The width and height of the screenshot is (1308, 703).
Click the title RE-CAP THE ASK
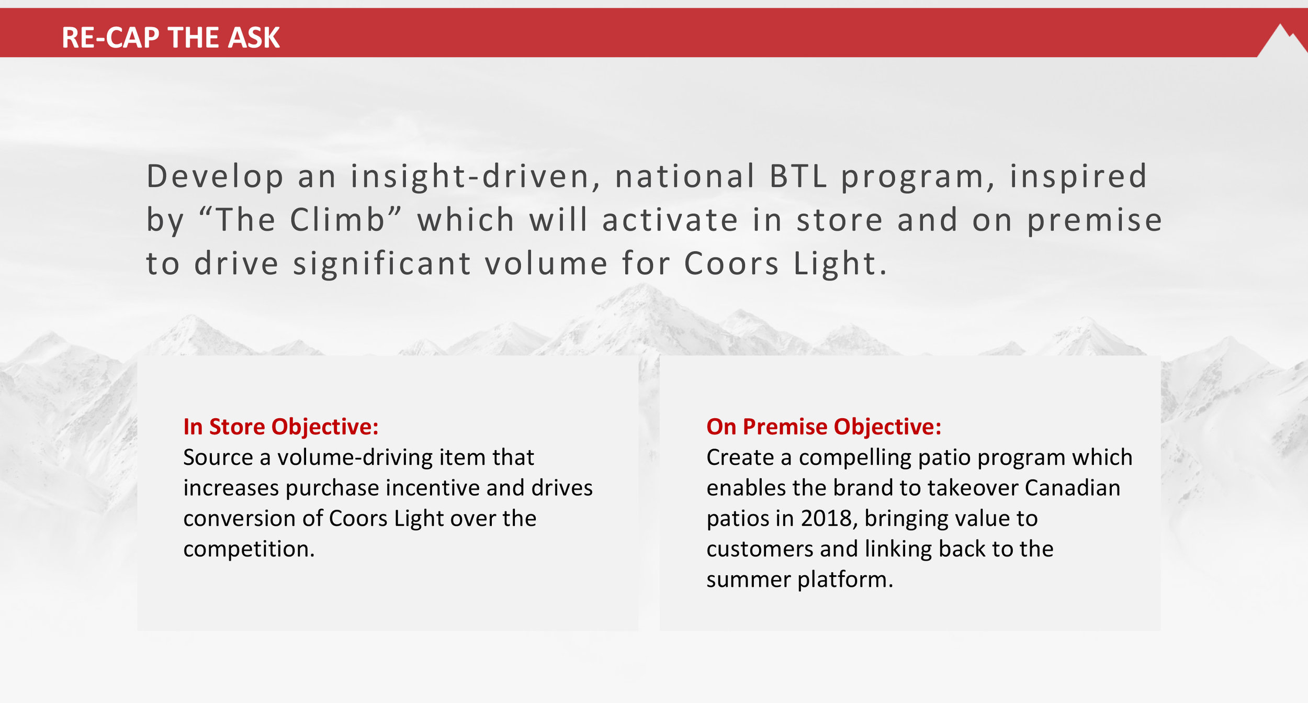pos(171,38)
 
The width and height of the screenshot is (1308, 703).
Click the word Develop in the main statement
pos(215,177)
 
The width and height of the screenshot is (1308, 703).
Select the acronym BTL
pos(798,176)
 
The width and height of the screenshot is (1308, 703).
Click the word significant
pos(382,263)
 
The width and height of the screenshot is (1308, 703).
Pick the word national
pos(685,176)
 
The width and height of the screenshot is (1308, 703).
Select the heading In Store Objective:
pos(281,427)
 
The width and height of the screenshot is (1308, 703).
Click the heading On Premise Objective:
pos(824,427)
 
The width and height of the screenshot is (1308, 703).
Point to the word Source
pos(218,457)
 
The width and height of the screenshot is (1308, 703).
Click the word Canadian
pos(1073,488)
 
